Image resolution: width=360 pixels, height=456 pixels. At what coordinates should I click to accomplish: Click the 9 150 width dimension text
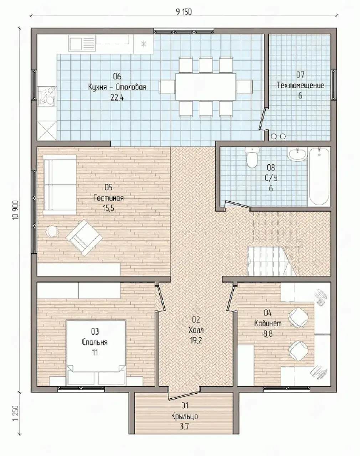click(184, 12)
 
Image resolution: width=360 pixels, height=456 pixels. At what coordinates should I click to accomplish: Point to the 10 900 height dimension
click(16, 210)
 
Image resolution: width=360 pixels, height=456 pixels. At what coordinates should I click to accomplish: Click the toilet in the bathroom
click(252, 158)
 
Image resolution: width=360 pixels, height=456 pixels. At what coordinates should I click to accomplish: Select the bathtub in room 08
click(319, 176)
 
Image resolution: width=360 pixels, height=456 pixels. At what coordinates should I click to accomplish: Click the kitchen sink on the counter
click(82, 43)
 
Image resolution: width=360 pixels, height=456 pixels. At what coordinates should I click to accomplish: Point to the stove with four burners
click(47, 96)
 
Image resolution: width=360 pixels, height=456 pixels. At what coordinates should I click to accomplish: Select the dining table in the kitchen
click(206, 87)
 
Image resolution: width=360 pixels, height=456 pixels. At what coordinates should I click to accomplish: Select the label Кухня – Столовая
click(117, 87)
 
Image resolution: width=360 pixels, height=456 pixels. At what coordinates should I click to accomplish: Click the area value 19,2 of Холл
click(196, 341)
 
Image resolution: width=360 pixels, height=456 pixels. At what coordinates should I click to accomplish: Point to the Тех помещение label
click(300, 85)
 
